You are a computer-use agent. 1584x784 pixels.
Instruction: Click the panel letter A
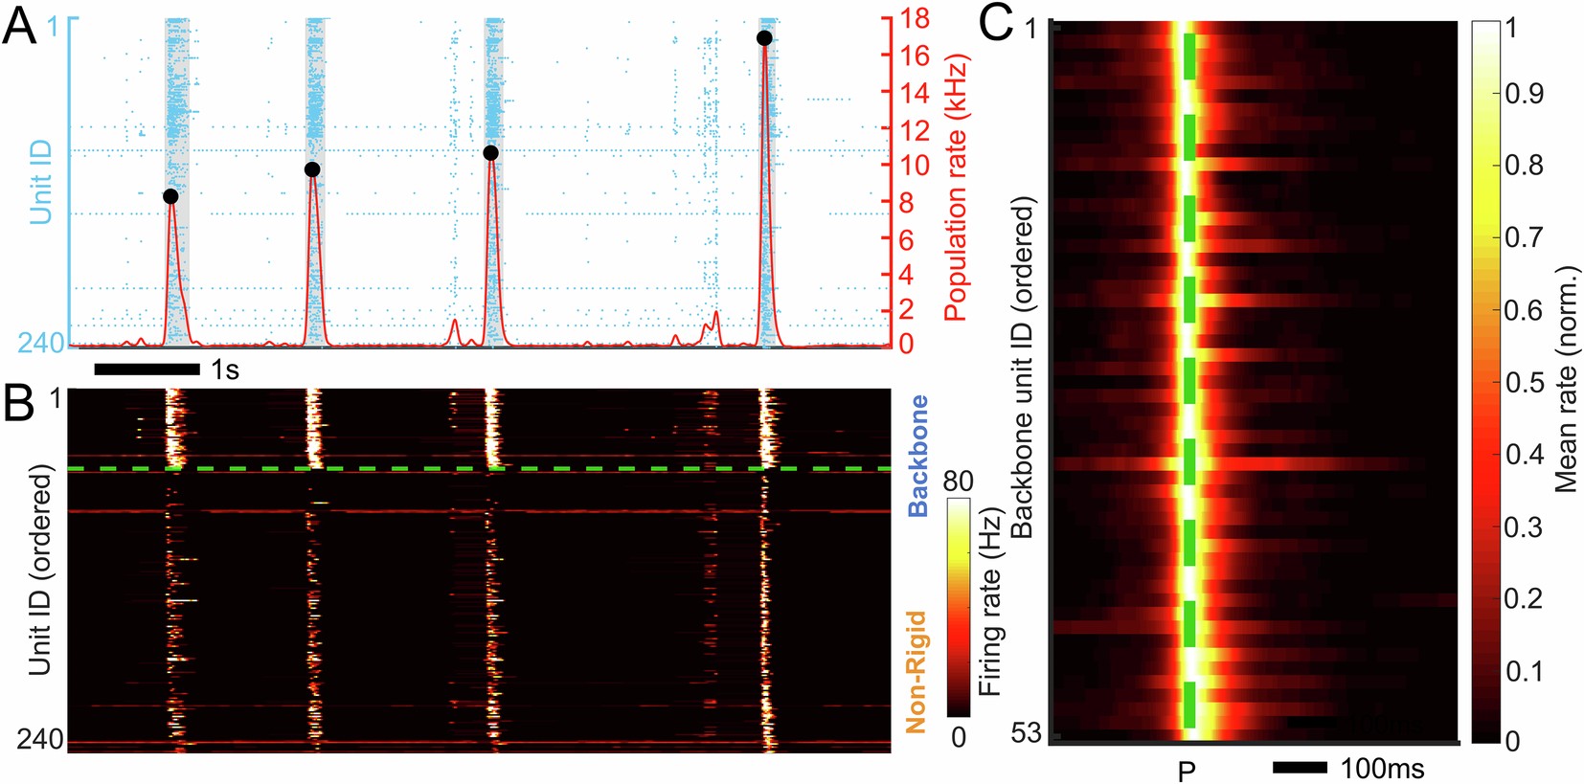(19, 26)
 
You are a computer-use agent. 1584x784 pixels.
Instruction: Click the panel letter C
(996, 22)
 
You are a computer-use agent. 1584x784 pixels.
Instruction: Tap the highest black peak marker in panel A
(764, 38)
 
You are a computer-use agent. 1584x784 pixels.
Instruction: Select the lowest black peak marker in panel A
(170, 196)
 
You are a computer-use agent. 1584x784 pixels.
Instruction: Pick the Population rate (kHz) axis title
(957, 187)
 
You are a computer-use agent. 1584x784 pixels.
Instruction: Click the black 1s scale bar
(147, 369)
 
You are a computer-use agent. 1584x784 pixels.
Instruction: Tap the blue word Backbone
(918, 456)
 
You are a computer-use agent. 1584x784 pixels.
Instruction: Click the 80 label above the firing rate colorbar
(958, 482)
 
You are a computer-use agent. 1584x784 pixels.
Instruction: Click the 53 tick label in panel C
(1026, 733)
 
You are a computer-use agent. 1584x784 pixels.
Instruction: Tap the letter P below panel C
(1187, 771)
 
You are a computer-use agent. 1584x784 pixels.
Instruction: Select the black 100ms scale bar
(1300, 768)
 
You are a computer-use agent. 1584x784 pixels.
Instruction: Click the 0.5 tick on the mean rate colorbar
(1523, 382)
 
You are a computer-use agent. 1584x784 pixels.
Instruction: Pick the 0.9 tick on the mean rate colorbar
(1523, 93)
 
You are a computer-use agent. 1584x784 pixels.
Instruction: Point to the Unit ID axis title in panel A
(41, 182)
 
